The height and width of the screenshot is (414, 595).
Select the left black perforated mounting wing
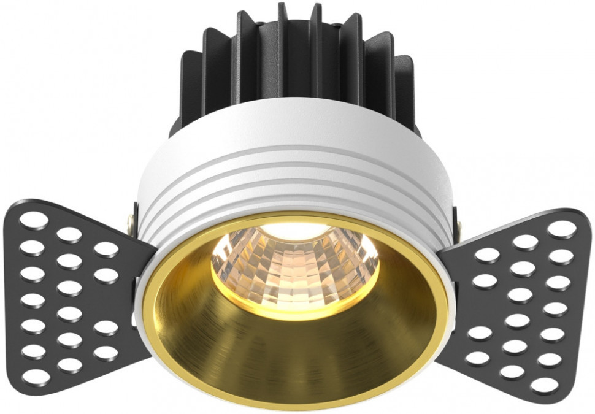[x=74, y=294]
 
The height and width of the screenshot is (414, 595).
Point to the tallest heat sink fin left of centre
[x=284, y=37]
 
